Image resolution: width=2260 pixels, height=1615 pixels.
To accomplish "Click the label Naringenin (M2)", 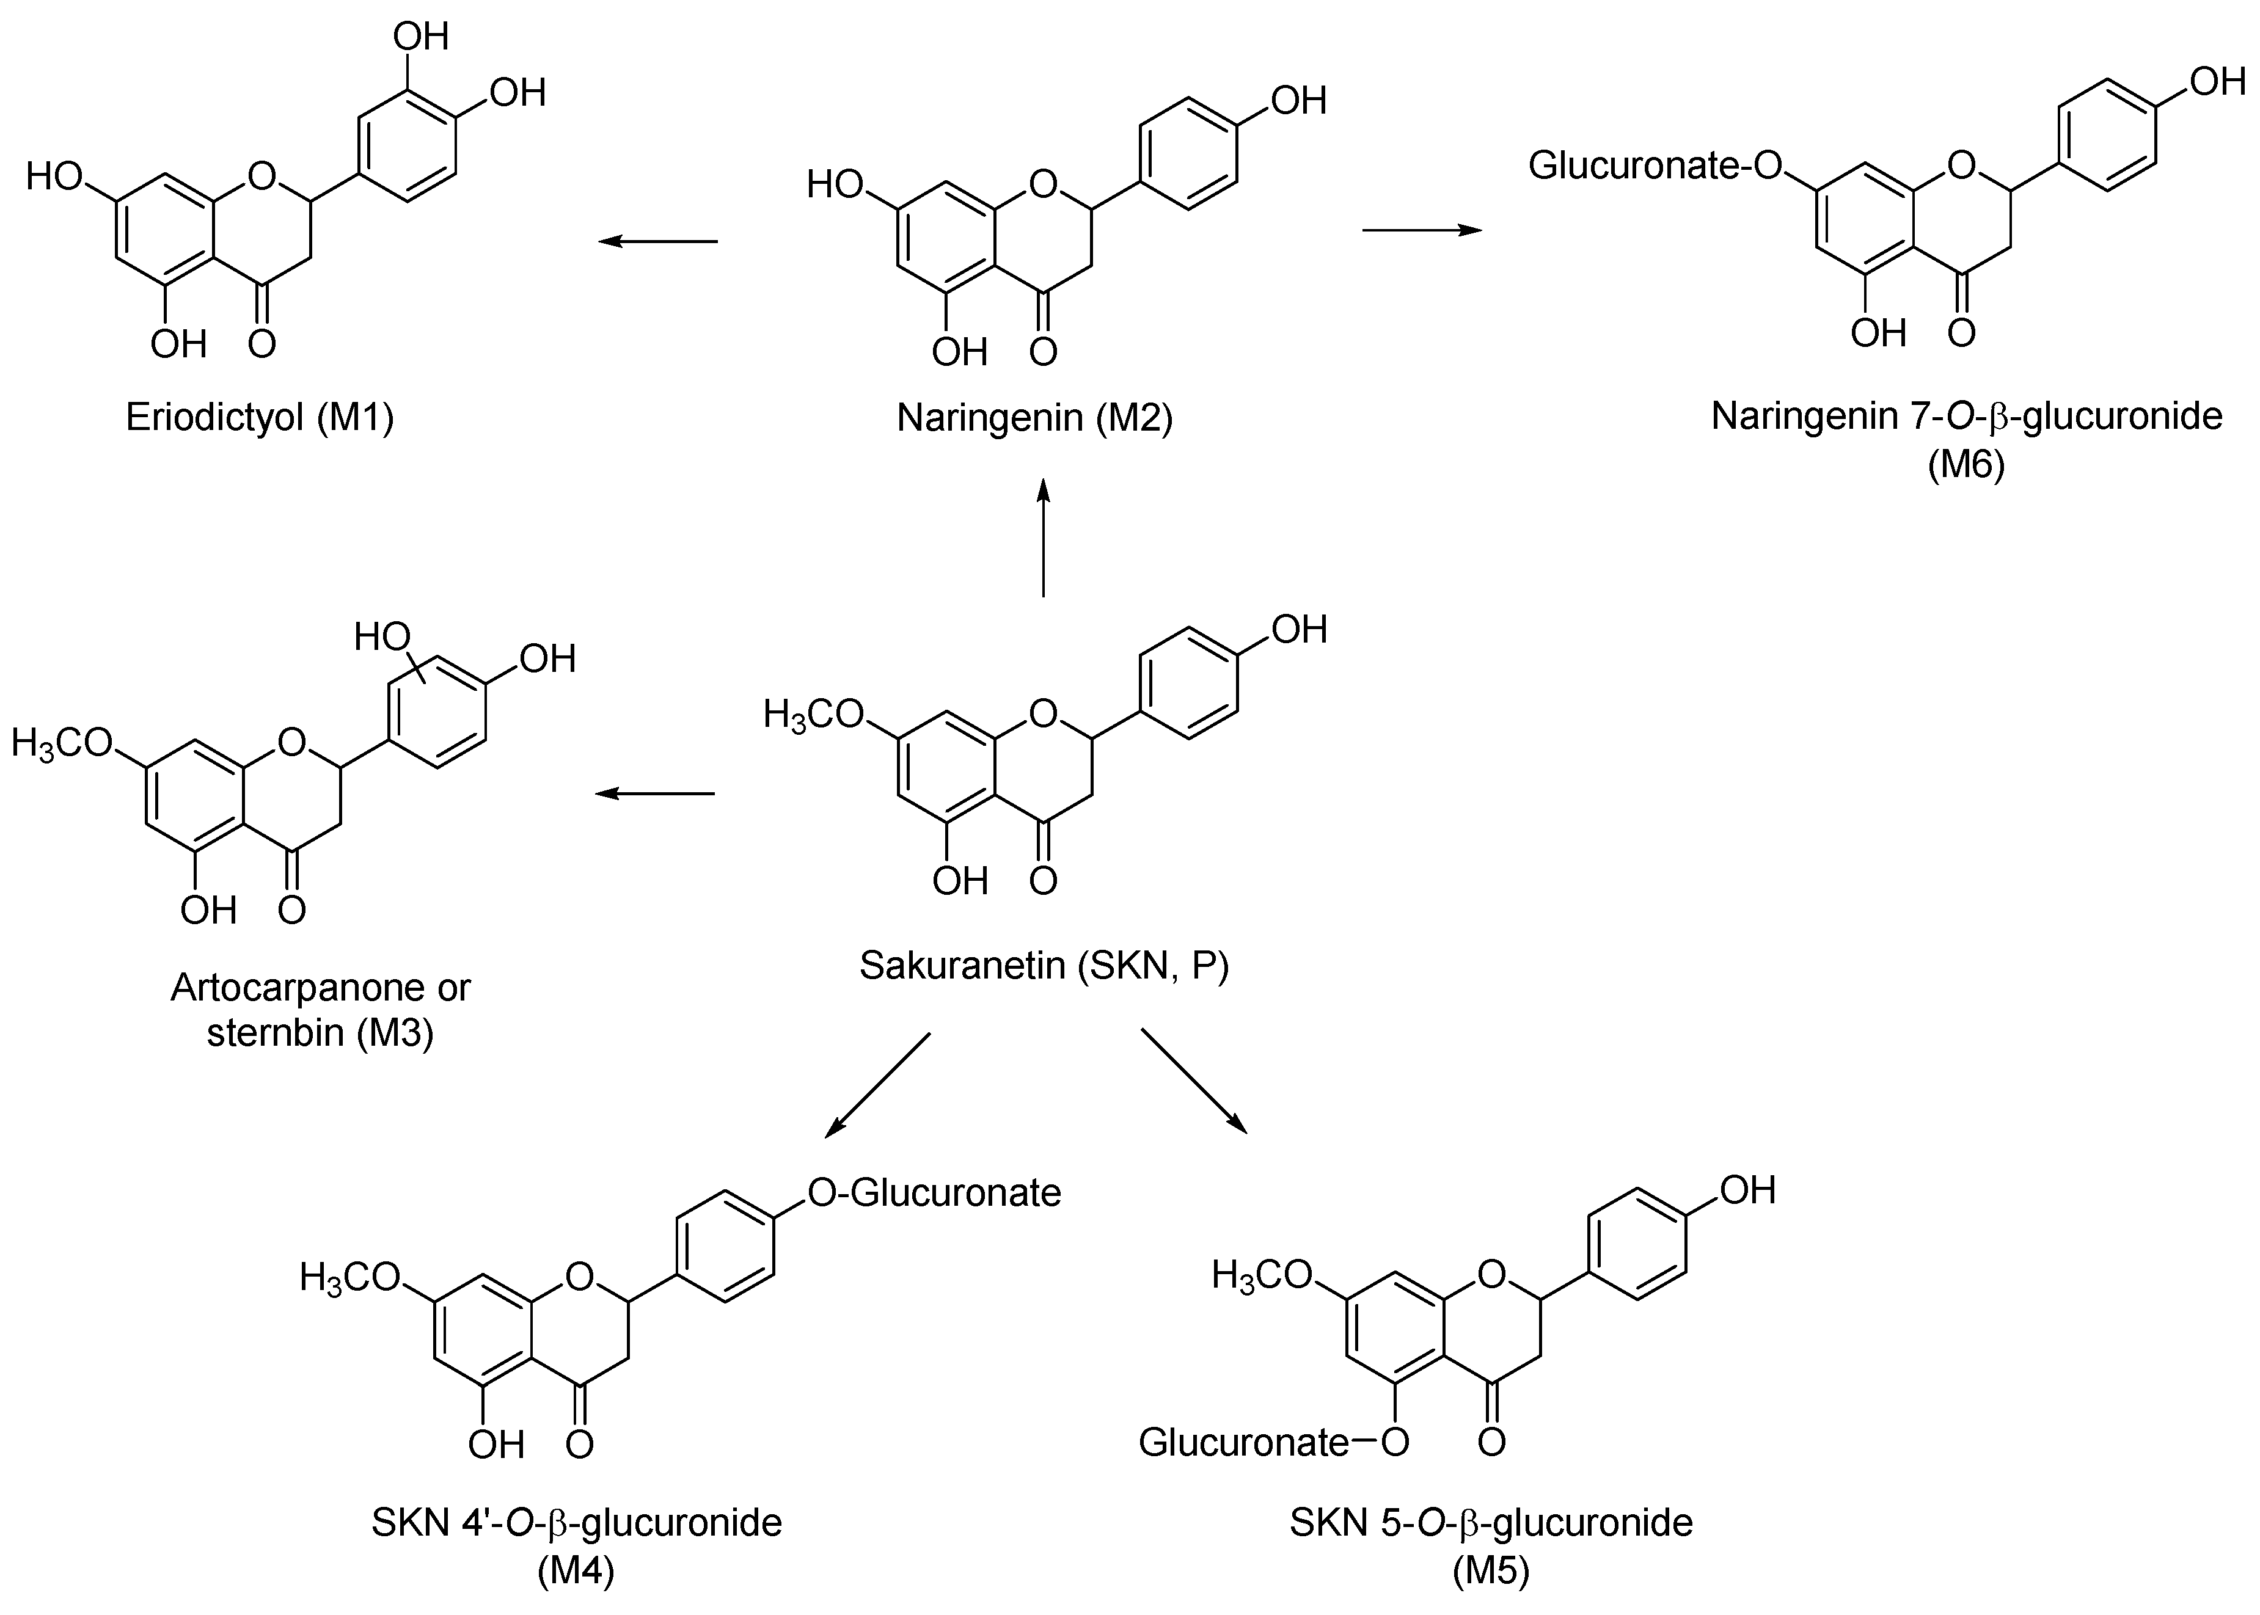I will coord(1034,418).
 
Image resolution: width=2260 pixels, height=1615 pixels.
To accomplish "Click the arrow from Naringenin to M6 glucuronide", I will coord(1422,230).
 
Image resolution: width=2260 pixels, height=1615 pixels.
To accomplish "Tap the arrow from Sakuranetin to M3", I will coord(656,793).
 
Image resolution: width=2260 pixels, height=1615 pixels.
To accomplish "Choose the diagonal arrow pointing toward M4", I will coord(877,1085).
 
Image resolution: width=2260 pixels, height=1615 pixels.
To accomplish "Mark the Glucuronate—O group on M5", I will coord(1273,1442).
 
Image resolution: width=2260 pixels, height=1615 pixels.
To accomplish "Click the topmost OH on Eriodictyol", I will coord(421,37).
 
